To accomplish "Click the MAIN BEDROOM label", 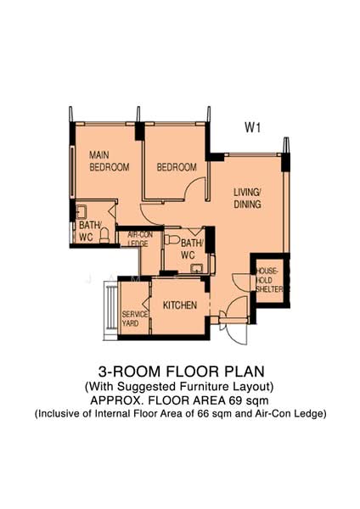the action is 110,161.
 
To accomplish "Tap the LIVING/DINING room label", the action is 247,198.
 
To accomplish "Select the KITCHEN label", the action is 180,305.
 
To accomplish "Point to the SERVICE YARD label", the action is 134,319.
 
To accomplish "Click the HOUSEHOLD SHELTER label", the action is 269,280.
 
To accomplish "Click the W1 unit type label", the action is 252,127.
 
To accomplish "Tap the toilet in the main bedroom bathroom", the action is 104,235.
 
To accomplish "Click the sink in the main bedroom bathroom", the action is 81,211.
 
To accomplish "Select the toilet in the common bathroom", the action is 172,240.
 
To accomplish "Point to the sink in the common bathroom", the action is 196,268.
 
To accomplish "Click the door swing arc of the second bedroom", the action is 193,185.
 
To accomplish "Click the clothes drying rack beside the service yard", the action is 110,310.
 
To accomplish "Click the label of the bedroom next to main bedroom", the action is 177,167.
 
